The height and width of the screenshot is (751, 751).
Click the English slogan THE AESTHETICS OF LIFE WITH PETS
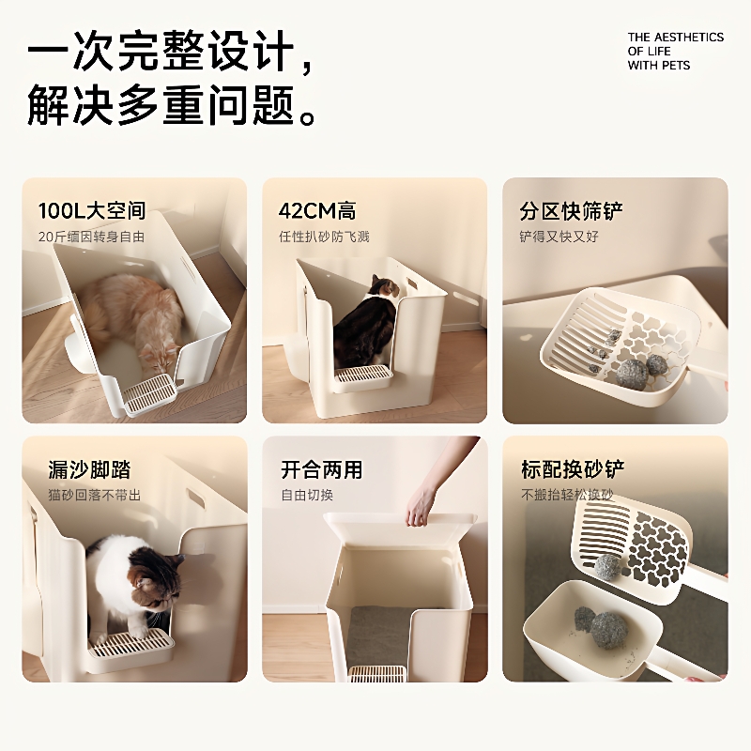[675, 52]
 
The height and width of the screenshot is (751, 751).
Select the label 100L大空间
[92, 210]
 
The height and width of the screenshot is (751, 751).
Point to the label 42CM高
[317, 210]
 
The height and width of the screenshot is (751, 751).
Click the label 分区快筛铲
[572, 210]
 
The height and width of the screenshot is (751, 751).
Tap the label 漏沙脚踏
[89, 469]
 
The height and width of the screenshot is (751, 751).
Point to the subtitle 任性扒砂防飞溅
[324, 237]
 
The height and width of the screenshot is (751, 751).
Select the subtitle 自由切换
[307, 495]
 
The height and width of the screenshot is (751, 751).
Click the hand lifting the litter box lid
[424, 498]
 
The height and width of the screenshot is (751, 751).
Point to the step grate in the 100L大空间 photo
[148, 394]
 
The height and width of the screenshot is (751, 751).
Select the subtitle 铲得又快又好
[559, 237]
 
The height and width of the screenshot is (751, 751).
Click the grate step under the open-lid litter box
[377, 674]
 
